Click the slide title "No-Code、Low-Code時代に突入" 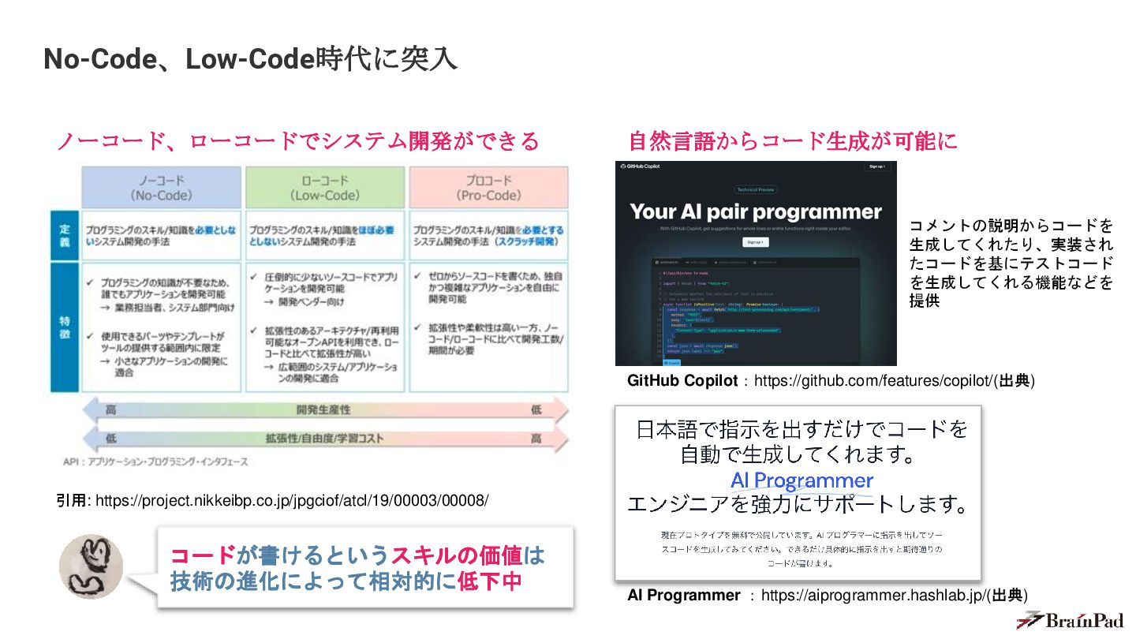250,59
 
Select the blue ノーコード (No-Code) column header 162,188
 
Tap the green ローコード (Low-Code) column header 325,188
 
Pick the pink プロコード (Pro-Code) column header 488,188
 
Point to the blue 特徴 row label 65,327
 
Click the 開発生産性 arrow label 323,410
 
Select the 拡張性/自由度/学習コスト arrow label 323,439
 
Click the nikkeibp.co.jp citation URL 292,500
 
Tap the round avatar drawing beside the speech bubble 91,566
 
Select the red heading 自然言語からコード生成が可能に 793,141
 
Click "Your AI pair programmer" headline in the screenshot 755,211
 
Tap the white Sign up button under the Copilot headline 755,242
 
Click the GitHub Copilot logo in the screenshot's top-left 640,166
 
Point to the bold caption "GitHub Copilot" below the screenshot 682,381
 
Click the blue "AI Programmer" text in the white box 802,480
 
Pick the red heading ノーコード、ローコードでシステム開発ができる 297,141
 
